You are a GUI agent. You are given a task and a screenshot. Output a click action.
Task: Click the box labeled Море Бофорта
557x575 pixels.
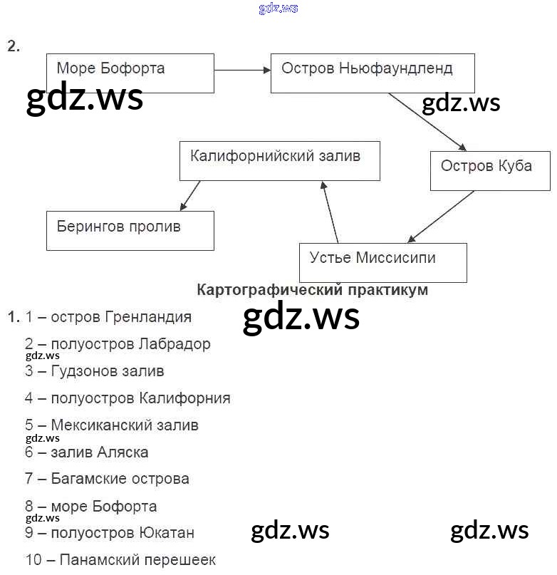pos(130,73)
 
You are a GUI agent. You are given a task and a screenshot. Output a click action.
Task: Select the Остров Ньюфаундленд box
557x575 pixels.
pos(368,73)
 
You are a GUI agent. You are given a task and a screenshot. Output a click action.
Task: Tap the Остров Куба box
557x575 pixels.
pos(489,170)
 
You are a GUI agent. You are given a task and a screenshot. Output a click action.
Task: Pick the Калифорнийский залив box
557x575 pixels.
pos(278,160)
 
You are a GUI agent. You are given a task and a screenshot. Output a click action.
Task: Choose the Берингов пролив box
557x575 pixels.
pos(130,230)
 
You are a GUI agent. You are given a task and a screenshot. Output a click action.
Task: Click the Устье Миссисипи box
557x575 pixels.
pos(383,262)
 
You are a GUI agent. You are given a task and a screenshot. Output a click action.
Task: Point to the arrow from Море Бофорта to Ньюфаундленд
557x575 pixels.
pos(242,69)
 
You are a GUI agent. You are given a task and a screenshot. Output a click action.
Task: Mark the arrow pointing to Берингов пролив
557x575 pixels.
pos(190,195)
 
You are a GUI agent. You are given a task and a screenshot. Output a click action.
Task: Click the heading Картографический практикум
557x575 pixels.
pos(312,290)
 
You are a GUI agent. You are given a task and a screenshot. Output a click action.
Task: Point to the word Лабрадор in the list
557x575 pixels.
pos(175,344)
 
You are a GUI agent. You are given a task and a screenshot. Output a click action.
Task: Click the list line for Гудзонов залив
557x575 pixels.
pos(94,371)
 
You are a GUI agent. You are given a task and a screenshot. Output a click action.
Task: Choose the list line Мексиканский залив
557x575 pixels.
pos(111,425)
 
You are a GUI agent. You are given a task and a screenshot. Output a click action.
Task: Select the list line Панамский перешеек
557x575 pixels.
pos(120,560)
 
